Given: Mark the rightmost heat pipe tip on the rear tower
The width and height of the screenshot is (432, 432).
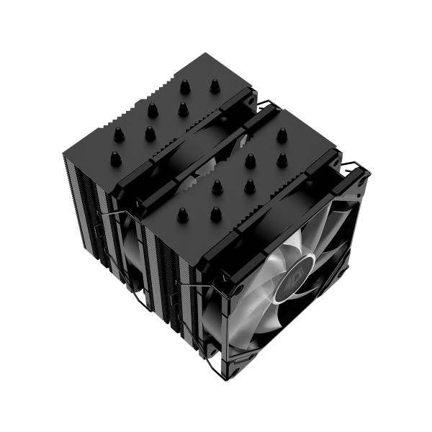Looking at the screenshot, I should (215, 85).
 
